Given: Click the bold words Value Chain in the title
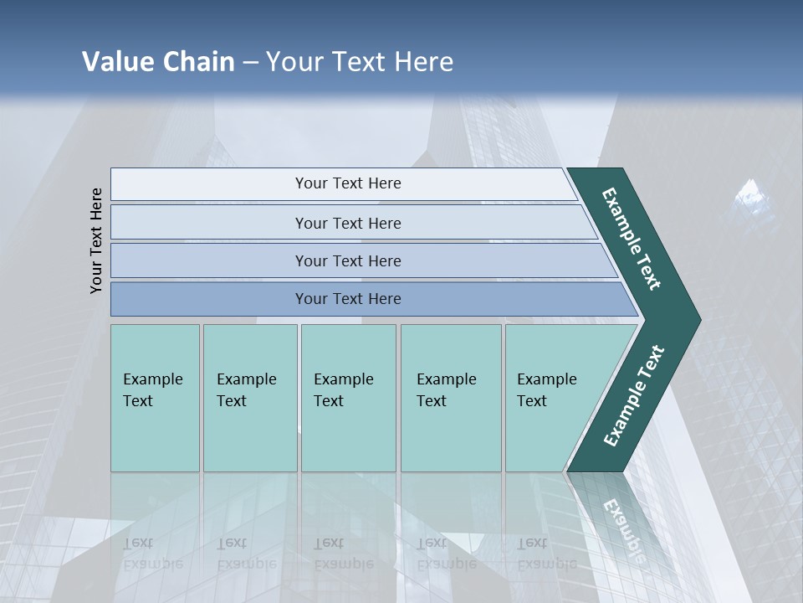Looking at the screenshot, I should point(158,62).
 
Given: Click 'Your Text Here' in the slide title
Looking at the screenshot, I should point(360,62).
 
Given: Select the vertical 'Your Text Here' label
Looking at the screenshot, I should point(96,240).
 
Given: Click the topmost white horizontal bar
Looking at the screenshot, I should point(347,183).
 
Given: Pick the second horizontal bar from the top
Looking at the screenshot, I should point(347,223).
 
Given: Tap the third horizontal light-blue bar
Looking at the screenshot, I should point(347,260).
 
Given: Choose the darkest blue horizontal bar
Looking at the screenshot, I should point(347,299).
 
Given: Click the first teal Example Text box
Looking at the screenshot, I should point(155,398).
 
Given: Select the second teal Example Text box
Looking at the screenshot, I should point(250,398).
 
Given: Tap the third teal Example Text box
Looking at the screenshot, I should point(348,398).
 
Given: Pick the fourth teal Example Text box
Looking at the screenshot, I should point(451,398).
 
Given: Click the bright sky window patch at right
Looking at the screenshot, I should point(754,198).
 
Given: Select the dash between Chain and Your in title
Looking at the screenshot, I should point(250,63).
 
